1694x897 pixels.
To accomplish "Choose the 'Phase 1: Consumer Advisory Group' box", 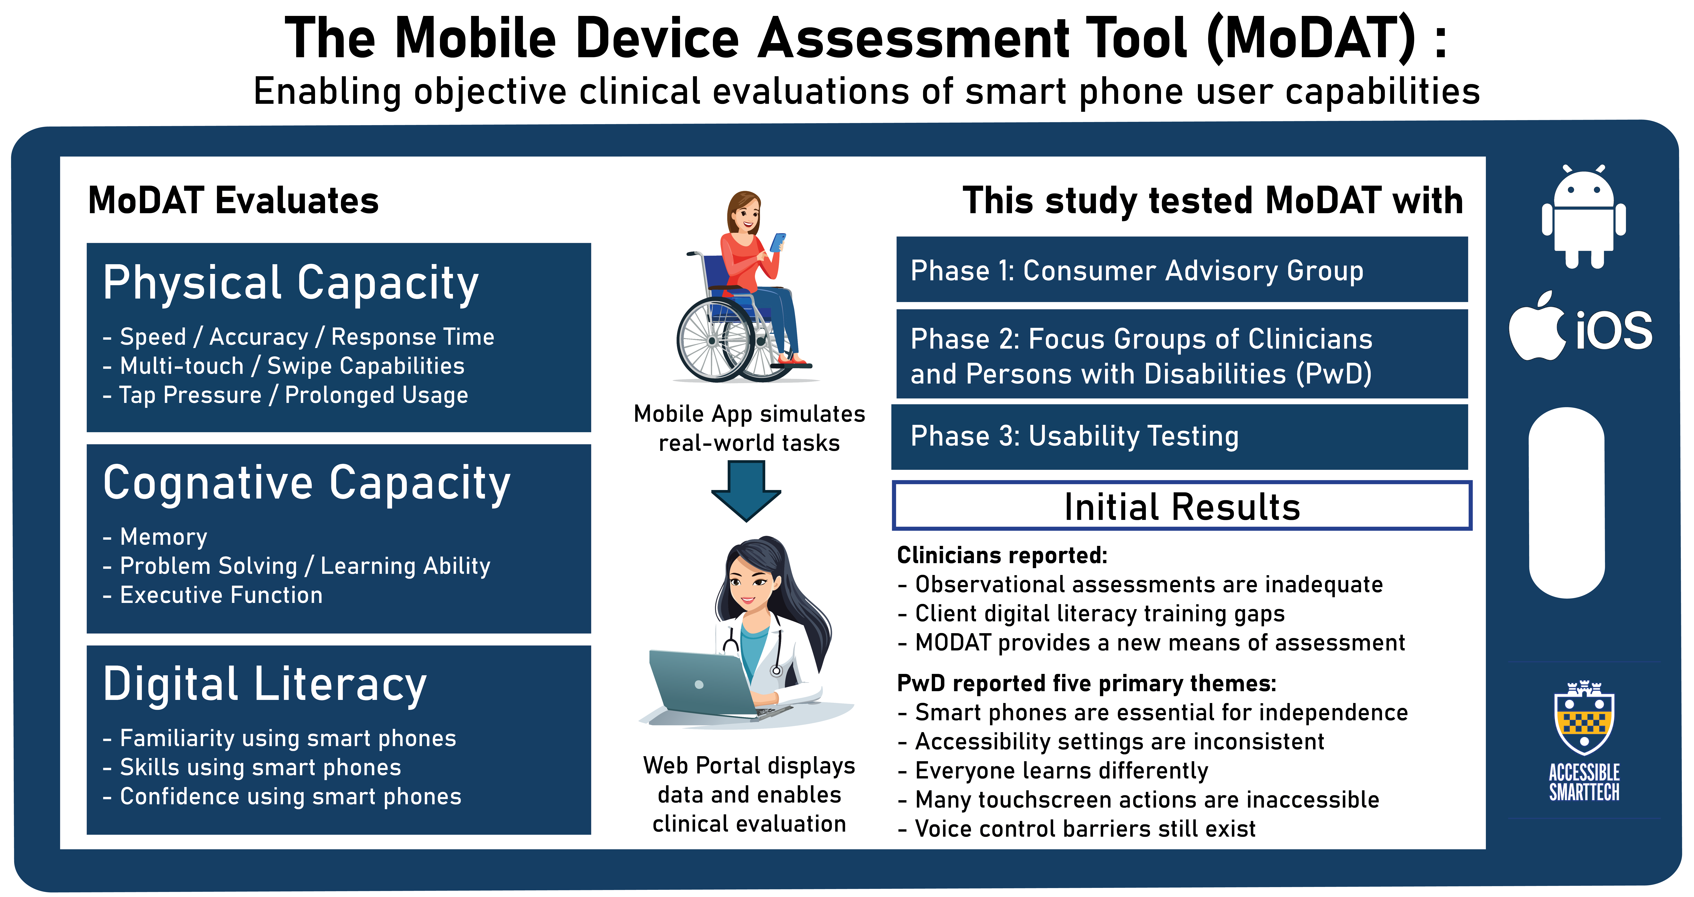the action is point(1182,270).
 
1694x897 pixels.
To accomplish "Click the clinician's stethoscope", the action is point(756,651).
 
